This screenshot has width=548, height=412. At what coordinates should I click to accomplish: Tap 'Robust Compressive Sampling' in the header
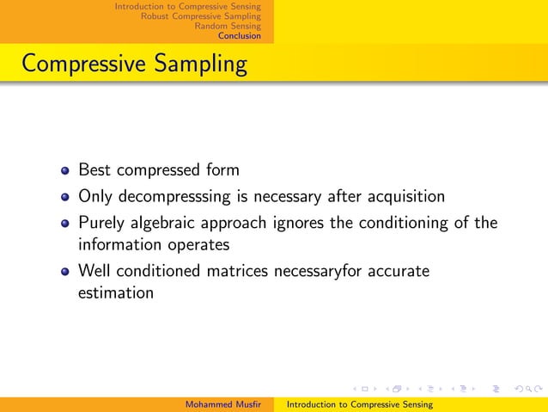click(200, 16)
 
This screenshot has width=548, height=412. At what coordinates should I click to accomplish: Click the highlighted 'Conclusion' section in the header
click(239, 36)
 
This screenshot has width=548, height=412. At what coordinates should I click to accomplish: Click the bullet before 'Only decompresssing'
click(64, 197)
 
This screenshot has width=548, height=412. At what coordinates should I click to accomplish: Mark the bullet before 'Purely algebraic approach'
click(64, 224)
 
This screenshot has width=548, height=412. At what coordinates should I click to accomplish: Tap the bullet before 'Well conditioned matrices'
click(64, 273)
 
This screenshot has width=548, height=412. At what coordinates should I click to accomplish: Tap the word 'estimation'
click(116, 292)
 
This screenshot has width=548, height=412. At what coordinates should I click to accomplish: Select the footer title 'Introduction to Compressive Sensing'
click(359, 404)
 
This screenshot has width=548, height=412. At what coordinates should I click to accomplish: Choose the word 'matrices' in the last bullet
click(237, 272)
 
